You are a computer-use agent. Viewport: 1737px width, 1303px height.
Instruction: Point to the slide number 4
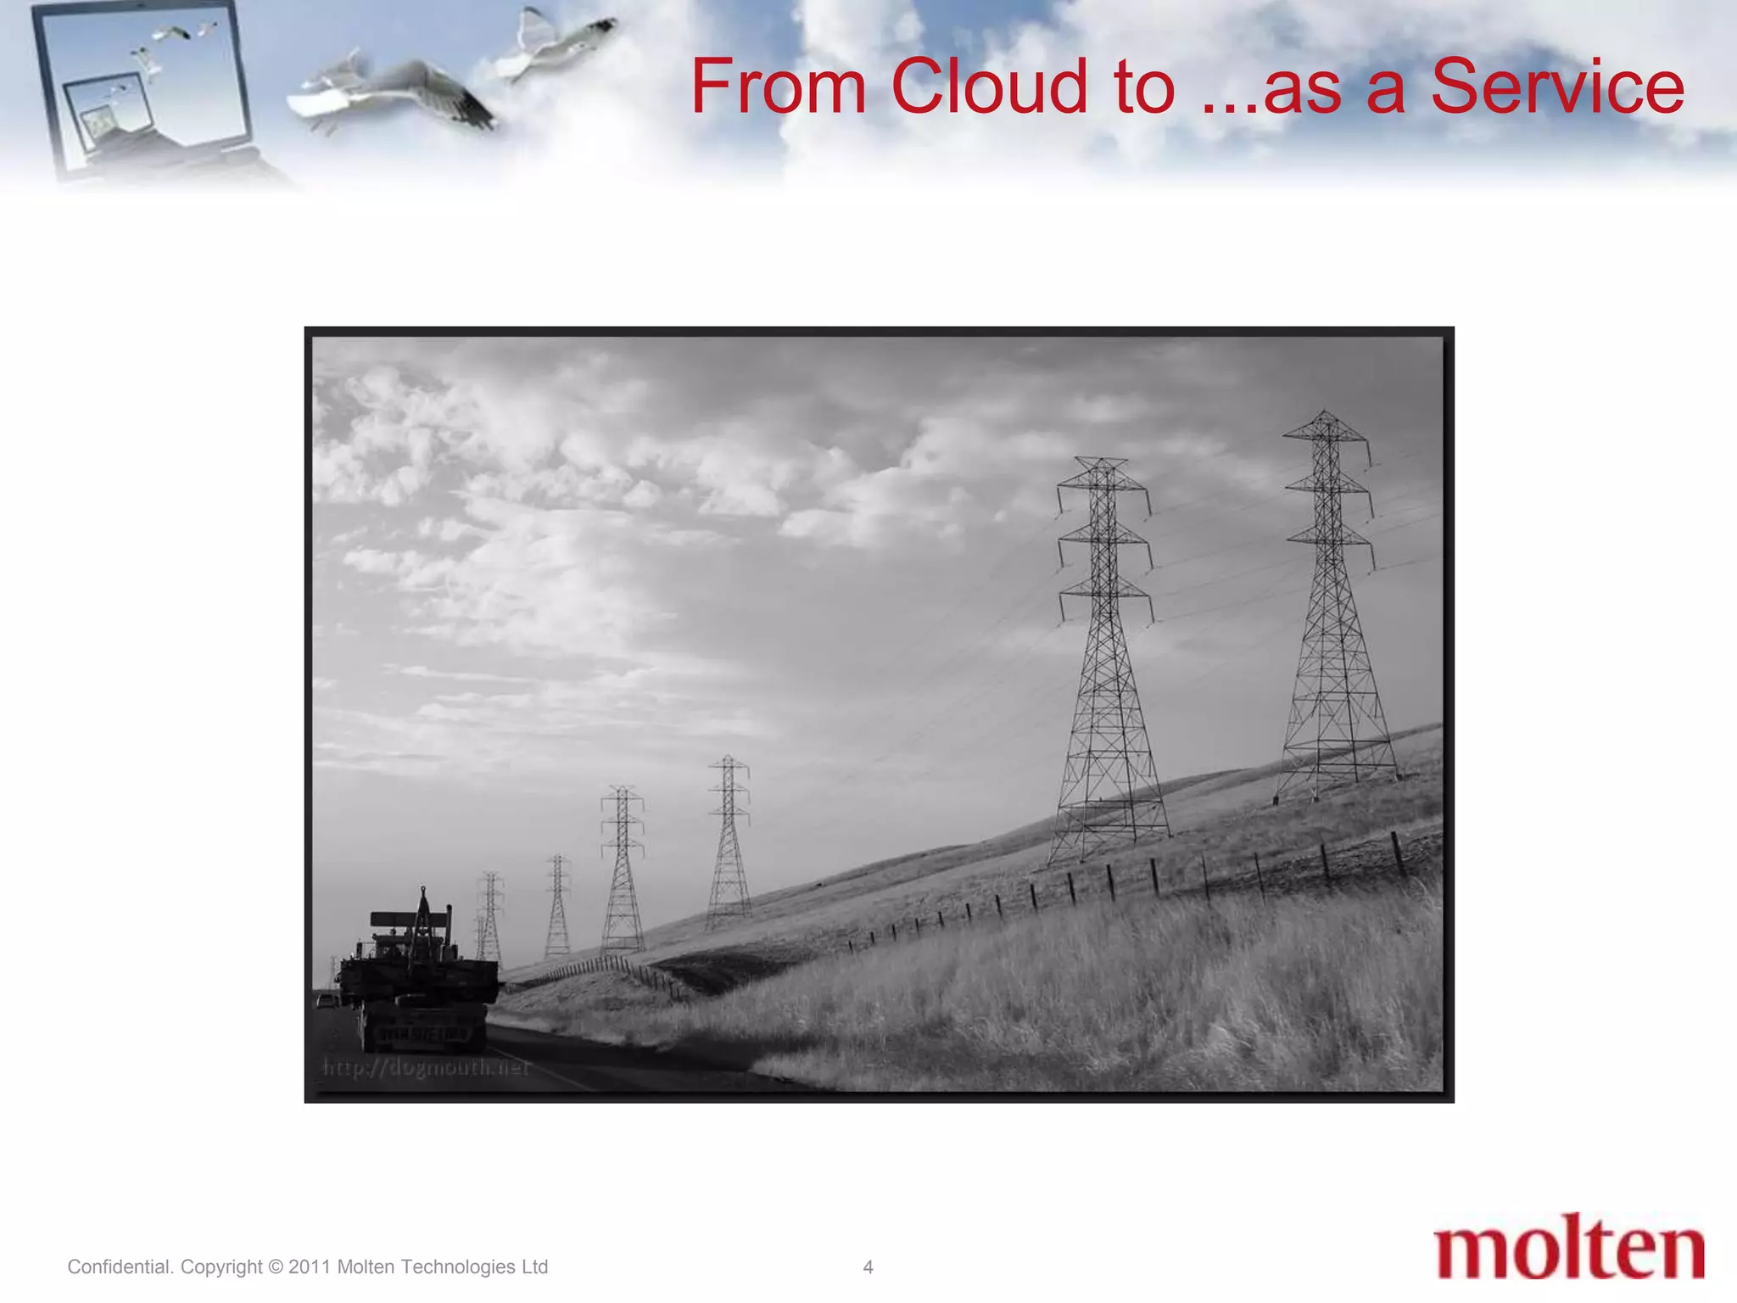click(x=868, y=1267)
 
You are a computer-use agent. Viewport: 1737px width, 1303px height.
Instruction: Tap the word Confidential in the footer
click(x=120, y=1267)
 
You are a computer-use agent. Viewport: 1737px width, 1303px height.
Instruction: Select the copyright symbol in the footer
click(x=276, y=1267)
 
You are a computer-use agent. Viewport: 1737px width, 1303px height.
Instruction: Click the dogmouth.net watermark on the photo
click(x=427, y=1067)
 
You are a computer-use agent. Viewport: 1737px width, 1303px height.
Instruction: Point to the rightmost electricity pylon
click(x=1333, y=611)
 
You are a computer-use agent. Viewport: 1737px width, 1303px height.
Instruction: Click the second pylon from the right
click(x=1106, y=662)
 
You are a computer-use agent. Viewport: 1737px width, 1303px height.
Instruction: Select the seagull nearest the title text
click(x=556, y=42)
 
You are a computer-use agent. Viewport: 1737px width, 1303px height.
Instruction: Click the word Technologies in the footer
click(x=458, y=1267)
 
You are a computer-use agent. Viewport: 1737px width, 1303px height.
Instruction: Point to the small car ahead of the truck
click(x=326, y=1001)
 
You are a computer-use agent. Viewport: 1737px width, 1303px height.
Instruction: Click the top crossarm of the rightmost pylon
click(x=1326, y=435)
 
